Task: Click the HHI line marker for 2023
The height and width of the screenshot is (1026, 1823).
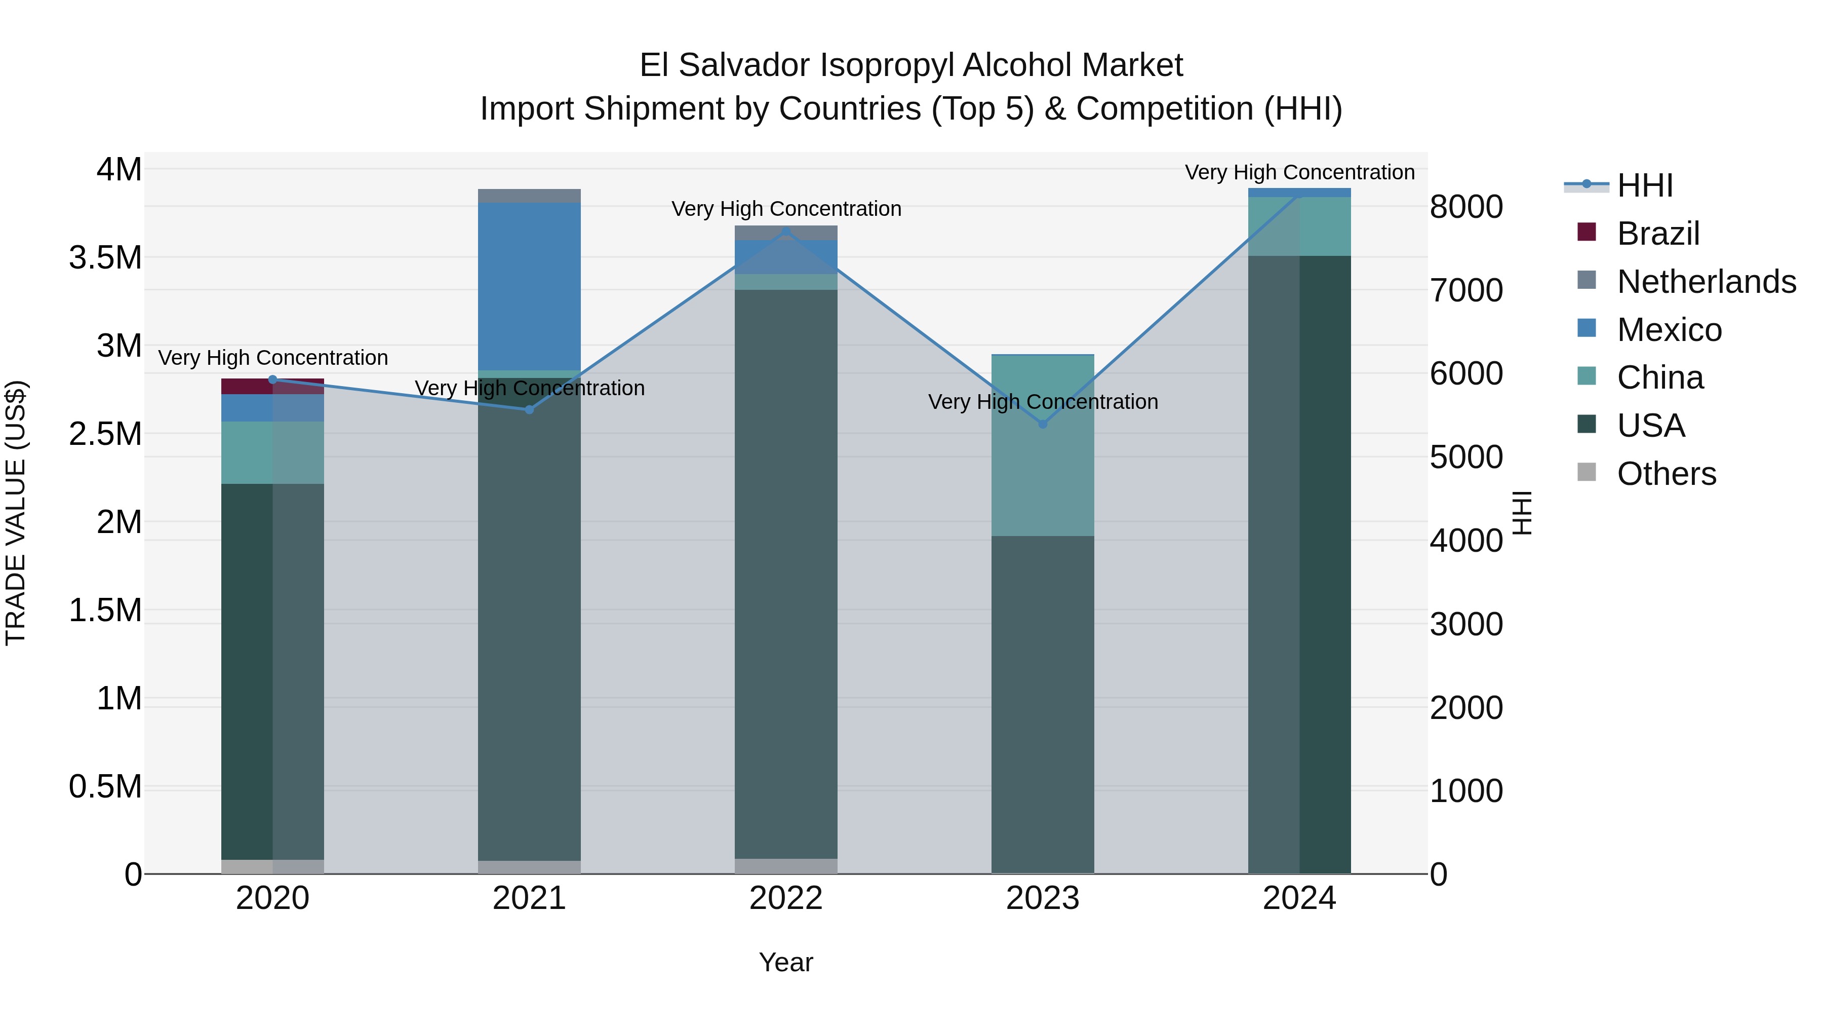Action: pos(1043,424)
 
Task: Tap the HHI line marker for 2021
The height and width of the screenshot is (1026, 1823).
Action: pos(529,409)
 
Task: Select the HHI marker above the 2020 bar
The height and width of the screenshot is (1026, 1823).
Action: pos(272,379)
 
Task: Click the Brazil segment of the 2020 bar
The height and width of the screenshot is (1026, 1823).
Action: pos(272,386)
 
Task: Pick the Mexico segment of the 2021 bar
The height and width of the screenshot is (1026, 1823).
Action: pos(529,286)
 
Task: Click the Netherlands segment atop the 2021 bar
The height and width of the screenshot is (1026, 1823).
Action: pos(529,196)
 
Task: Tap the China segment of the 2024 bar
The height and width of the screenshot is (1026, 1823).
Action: pos(1299,226)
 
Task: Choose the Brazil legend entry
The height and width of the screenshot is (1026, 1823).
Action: pos(1657,234)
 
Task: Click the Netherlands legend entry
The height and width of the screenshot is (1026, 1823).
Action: pos(1706,282)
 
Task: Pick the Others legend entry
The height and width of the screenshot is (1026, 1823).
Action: pos(1666,474)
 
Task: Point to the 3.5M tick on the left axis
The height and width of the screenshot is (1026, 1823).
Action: pos(105,258)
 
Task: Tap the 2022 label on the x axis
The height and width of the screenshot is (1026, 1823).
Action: pos(785,898)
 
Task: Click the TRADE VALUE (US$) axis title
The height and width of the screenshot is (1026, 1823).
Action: pos(16,513)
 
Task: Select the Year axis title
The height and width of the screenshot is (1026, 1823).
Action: pos(785,962)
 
